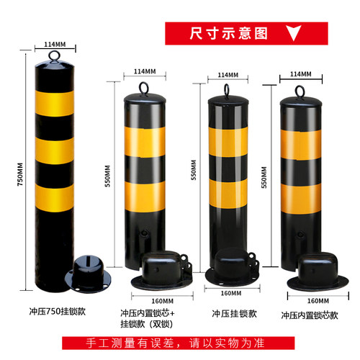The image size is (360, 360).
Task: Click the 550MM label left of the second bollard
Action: click(108, 177)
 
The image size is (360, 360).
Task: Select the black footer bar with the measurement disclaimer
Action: click(180, 343)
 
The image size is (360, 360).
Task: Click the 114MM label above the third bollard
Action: click(228, 75)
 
